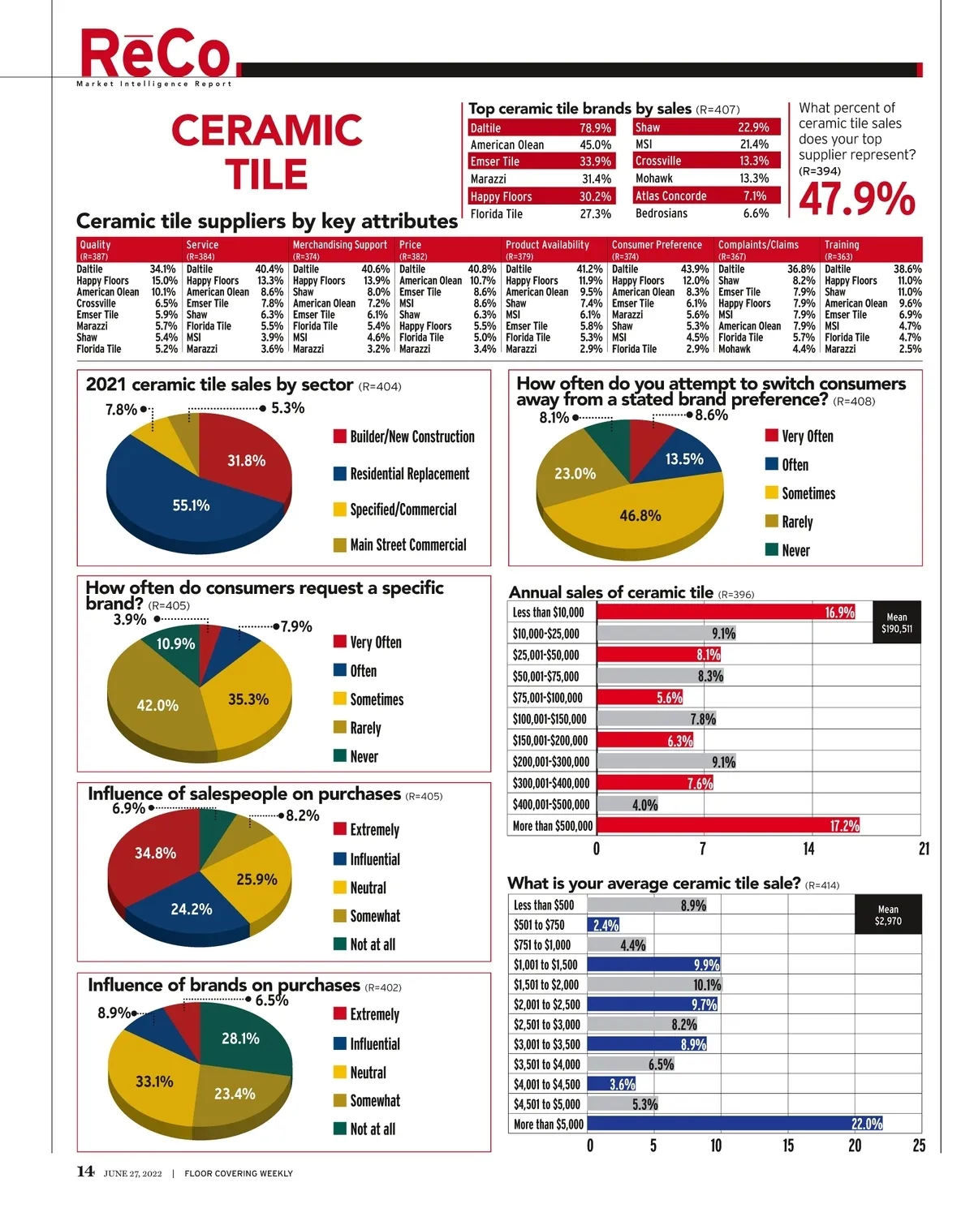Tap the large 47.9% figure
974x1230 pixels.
click(856, 199)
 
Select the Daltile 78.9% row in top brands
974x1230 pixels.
click(541, 128)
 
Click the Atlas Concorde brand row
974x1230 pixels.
click(706, 196)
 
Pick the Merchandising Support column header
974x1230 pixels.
click(340, 246)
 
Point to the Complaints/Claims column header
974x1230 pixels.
click(758, 246)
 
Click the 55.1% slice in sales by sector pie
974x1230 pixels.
click(191, 505)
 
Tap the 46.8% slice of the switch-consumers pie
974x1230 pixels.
click(640, 515)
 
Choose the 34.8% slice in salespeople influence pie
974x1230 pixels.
click(155, 853)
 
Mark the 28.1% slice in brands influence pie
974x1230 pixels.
click(241, 1039)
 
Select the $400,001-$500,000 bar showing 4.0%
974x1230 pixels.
click(627, 805)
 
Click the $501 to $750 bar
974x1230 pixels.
click(603, 925)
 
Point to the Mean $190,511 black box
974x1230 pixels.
click(897, 622)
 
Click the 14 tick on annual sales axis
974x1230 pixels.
click(808, 849)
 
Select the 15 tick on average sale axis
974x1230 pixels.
click(788, 1146)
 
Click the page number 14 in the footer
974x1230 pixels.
click(85, 1172)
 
